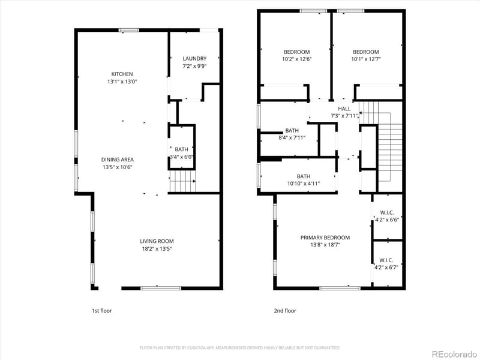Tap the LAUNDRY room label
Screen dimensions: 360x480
click(194, 58)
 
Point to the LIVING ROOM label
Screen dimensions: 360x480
click(157, 241)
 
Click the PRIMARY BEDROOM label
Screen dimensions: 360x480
click(325, 238)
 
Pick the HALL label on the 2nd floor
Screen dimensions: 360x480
click(344, 109)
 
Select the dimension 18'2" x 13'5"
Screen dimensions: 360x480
click(157, 248)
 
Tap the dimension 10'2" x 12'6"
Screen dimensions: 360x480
click(296, 59)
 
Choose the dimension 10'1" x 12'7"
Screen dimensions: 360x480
click(365, 59)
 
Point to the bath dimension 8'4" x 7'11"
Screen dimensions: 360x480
click(292, 137)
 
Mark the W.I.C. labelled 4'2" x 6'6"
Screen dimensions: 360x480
click(386, 220)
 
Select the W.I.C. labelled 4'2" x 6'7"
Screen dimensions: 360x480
click(386, 268)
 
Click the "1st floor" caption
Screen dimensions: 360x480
click(101, 311)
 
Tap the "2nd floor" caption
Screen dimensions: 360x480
click(286, 311)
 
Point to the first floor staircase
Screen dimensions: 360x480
click(182, 181)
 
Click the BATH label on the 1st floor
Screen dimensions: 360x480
click(181, 149)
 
